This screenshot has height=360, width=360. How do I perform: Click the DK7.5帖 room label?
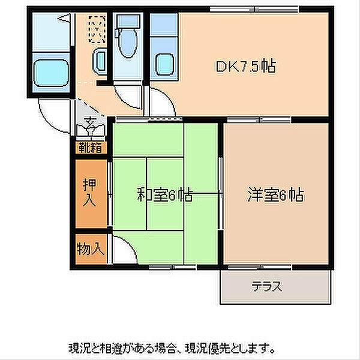245,67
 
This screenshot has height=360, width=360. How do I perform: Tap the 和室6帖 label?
164,194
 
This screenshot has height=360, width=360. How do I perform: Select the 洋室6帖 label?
275,195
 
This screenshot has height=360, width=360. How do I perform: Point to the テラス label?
267,286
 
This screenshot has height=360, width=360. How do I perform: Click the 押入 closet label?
89,193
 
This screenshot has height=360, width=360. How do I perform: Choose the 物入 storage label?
91,248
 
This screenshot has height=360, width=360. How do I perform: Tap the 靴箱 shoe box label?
90,148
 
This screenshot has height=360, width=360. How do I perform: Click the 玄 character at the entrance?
91,121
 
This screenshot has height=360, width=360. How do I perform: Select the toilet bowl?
128,43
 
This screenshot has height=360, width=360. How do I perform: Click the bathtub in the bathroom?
51,73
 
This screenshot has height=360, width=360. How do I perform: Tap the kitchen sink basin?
164,65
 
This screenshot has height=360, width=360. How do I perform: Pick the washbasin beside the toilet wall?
100,61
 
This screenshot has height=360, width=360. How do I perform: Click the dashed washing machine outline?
97,29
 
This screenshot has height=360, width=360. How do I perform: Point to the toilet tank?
128,21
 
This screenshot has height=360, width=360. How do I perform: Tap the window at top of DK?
254,10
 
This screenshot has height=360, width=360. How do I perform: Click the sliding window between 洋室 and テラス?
260,267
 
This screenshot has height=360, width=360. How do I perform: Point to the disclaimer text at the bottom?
172,349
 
